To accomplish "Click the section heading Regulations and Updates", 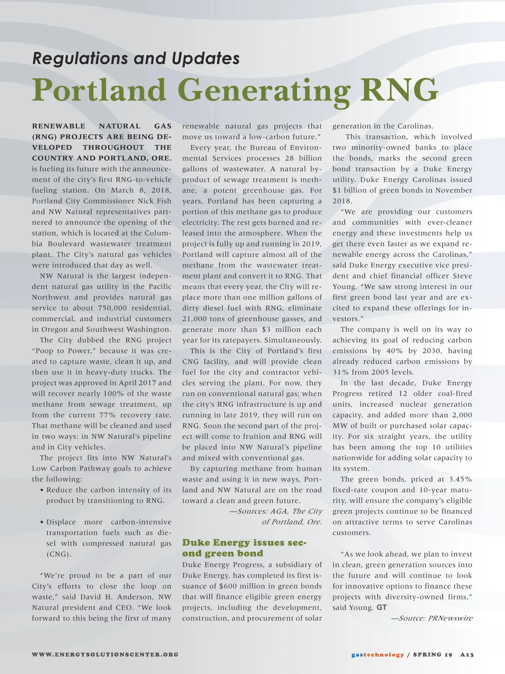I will (136, 58).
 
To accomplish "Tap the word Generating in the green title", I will (264, 90).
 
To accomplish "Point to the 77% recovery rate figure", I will (107, 415).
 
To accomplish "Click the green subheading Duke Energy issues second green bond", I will (244, 548).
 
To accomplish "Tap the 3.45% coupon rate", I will (460, 479).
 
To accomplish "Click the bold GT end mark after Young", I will (381, 607).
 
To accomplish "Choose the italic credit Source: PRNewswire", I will (432, 618).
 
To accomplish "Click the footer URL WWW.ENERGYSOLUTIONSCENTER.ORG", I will (105, 655).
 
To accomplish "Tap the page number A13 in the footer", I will (467, 655).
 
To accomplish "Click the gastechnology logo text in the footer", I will (377, 655).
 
